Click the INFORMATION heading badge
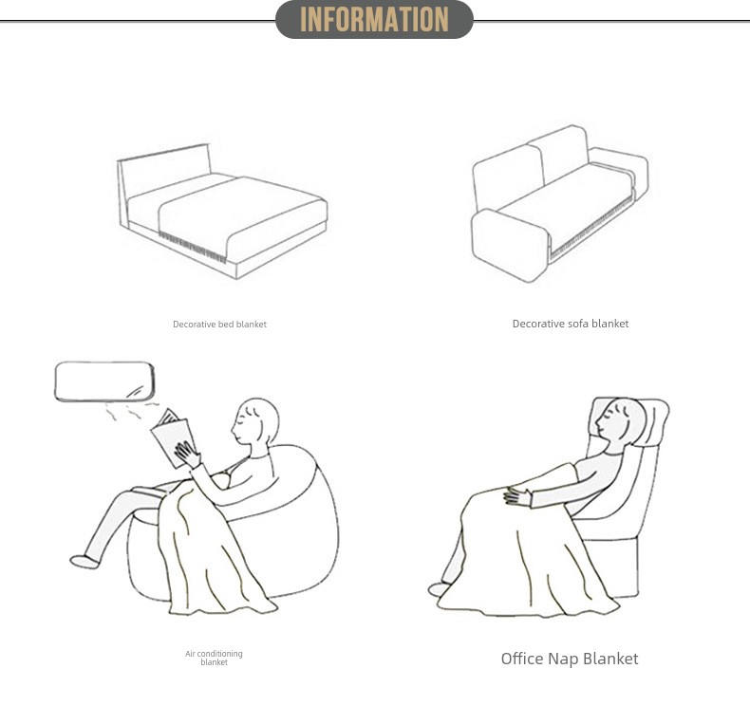click(374, 20)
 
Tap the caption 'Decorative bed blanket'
click(219, 325)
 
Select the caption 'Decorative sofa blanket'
click(571, 324)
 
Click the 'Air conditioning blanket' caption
click(214, 658)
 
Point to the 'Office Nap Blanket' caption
click(570, 659)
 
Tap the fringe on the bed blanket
click(193, 247)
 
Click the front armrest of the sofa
click(510, 245)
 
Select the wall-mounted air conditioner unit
click(104, 381)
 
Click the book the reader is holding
click(171, 437)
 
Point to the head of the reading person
click(255, 421)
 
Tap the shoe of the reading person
click(84, 561)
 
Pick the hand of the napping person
click(517, 496)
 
